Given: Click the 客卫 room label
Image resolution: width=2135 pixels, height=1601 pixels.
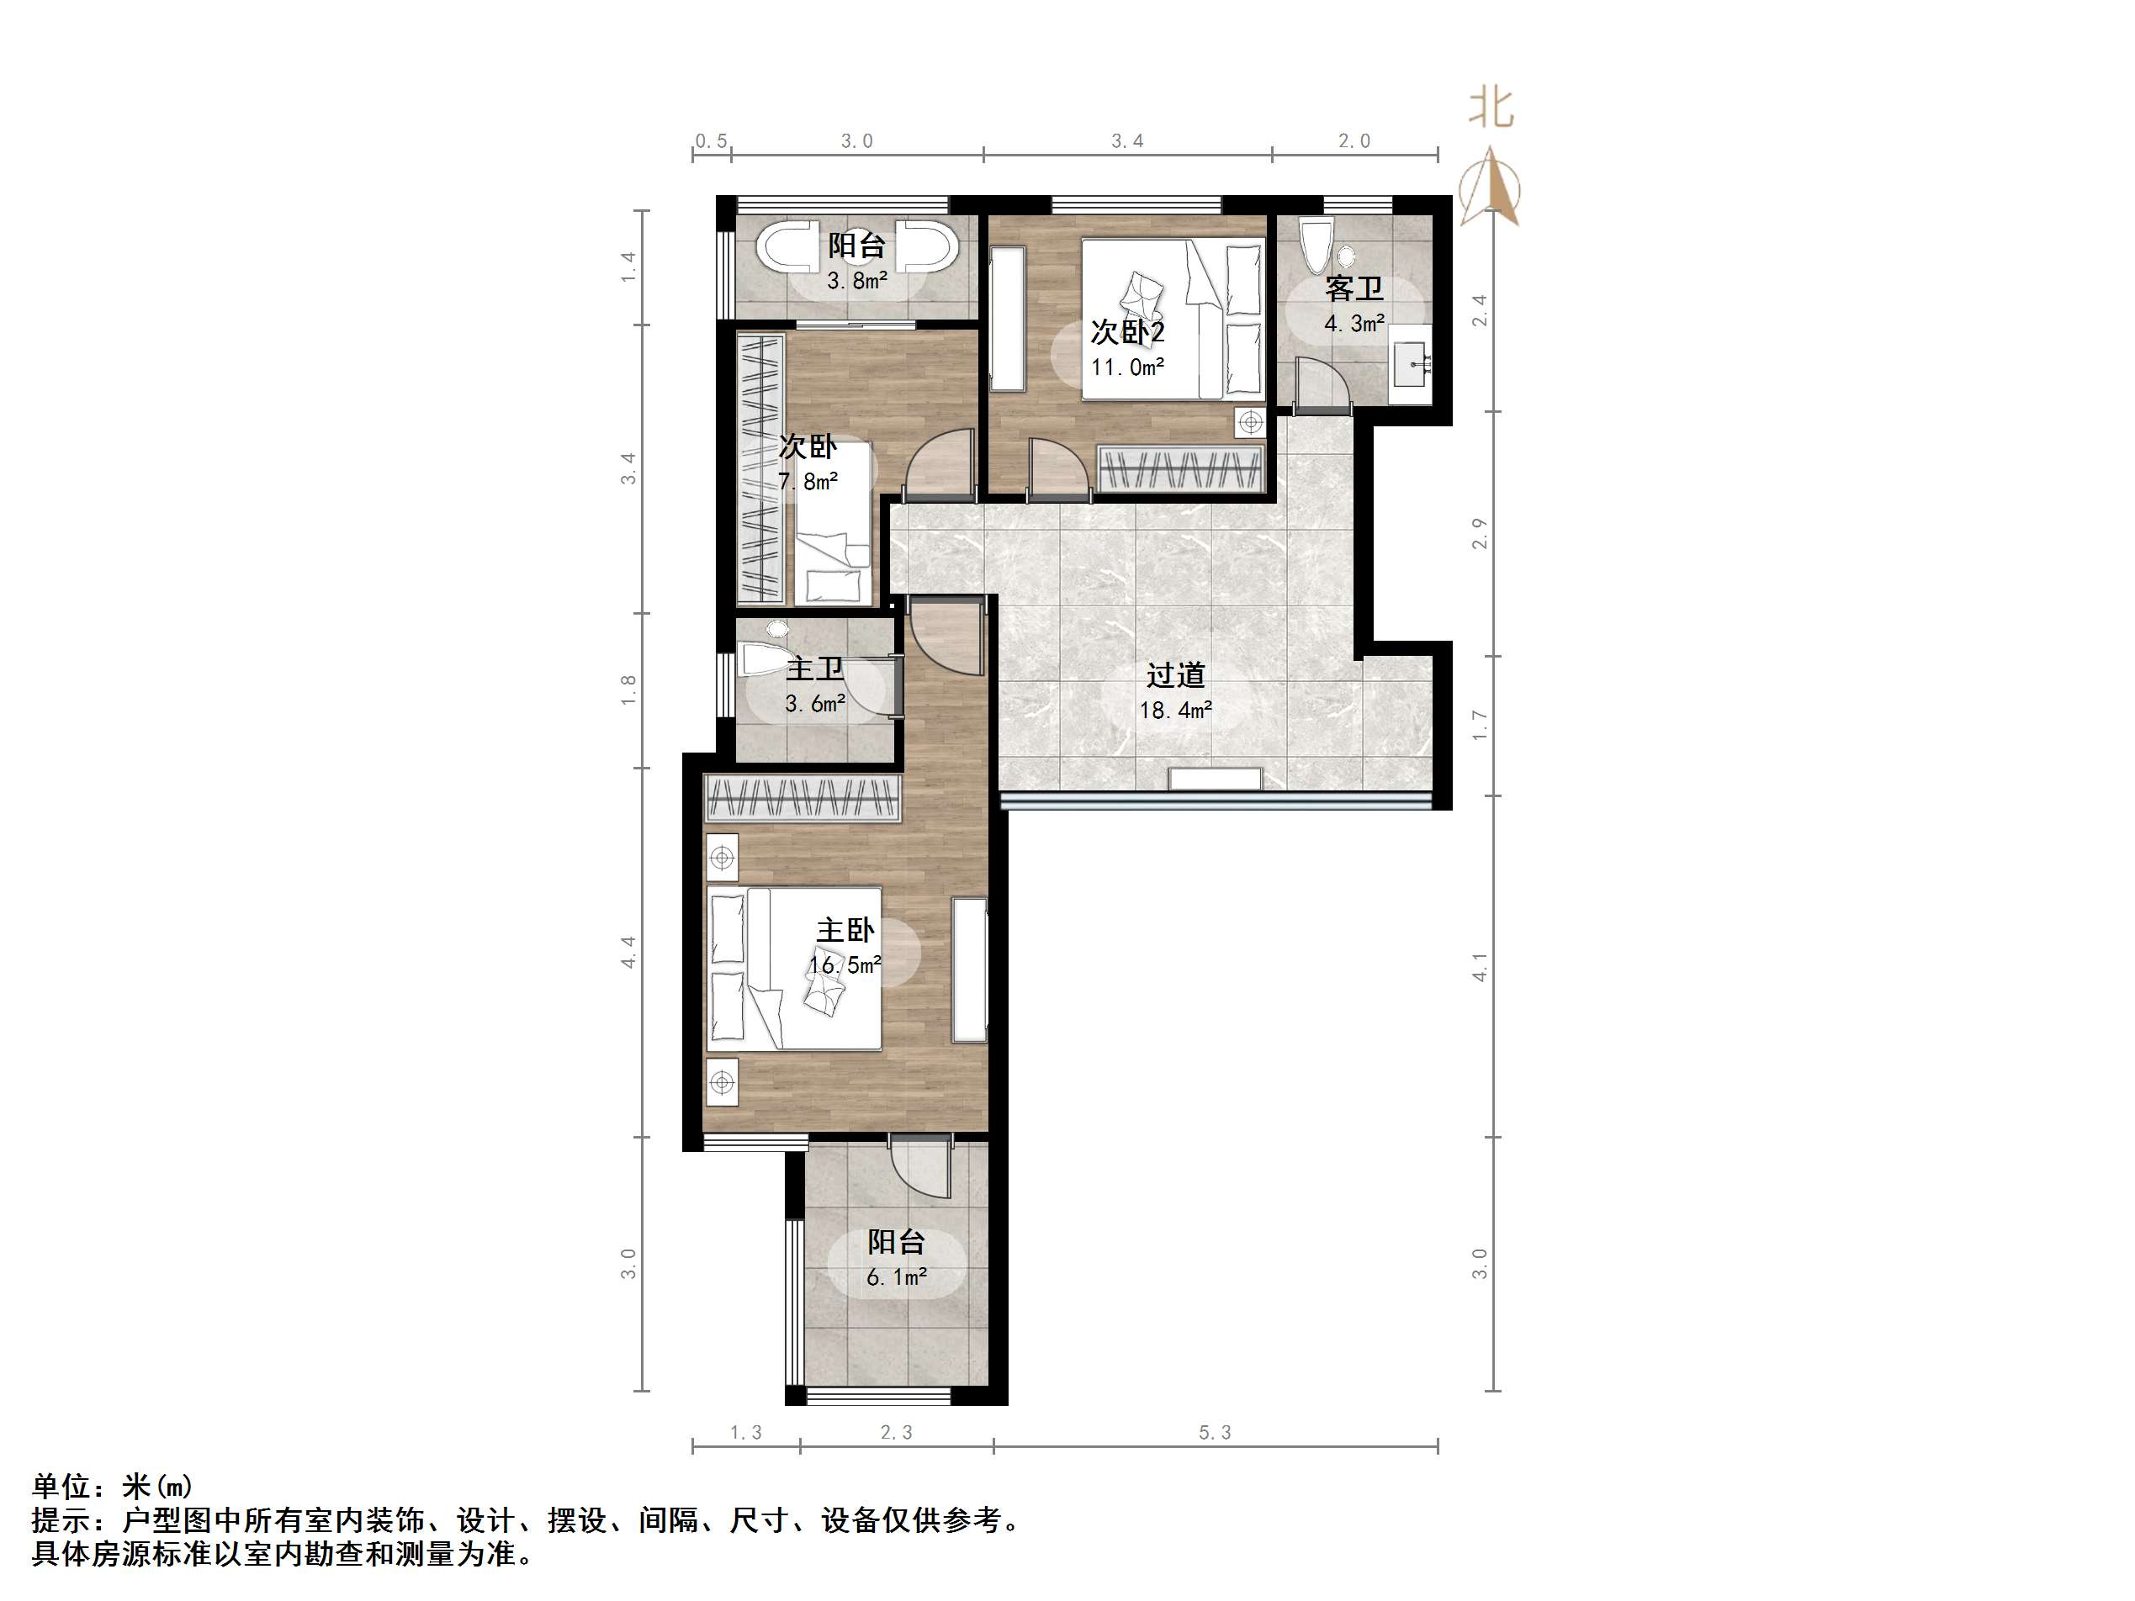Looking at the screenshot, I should point(1354,288).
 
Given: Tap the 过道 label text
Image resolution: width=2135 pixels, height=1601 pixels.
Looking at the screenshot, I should point(1176,674).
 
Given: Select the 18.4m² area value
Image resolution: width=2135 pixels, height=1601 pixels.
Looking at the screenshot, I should point(1176,711).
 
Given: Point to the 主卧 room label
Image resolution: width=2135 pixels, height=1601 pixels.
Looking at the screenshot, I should point(845,930).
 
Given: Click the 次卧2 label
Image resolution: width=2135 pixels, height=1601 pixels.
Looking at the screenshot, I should point(1127,332).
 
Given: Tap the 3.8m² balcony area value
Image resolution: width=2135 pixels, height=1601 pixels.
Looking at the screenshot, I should point(856,282).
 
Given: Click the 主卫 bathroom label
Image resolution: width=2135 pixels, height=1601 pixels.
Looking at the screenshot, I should point(814,668).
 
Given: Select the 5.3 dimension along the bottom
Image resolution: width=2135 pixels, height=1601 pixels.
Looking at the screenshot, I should point(1216,1433).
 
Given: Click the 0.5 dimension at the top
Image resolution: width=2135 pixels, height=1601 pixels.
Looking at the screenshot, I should point(712,142).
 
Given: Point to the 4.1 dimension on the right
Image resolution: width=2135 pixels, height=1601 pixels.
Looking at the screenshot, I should point(1480,967).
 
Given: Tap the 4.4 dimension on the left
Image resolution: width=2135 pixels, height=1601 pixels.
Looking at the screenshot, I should point(628,953).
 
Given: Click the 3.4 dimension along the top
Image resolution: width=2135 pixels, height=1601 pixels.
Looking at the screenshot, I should point(1126,142).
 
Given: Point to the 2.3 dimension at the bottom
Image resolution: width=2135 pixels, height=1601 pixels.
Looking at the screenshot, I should point(896,1433).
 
